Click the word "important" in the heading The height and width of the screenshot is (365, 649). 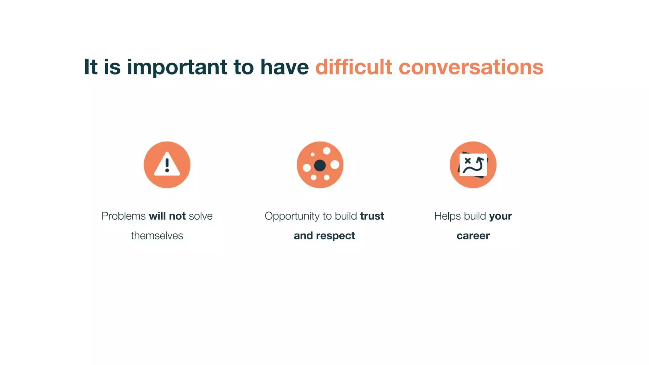coord(177,67)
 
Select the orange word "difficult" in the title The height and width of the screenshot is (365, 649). coord(353,67)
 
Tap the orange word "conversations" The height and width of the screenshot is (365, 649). coord(471,67)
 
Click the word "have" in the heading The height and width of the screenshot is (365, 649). coord(284,67)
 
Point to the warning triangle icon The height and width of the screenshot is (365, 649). coord(167,165)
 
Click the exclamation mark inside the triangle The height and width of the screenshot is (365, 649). coord(167,165)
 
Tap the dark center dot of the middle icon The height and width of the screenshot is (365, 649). coord(320,165)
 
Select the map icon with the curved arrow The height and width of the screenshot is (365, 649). coord(473,165)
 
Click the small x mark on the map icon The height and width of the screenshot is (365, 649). coord(467,161)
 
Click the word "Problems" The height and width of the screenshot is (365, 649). coord(123,216)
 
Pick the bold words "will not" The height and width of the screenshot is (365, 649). coord(167,216)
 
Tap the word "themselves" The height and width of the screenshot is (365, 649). coord(157,236)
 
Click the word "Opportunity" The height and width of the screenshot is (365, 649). coord(292,216)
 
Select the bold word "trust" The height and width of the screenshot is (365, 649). coord(372,216)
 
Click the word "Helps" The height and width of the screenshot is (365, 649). coord(447,216)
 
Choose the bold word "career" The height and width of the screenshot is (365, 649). coord(473,236)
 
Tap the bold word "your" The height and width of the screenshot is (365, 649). coord(500,216)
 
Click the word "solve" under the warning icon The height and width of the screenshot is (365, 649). coord(201,216)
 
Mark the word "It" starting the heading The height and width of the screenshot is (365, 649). coord(90,67)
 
